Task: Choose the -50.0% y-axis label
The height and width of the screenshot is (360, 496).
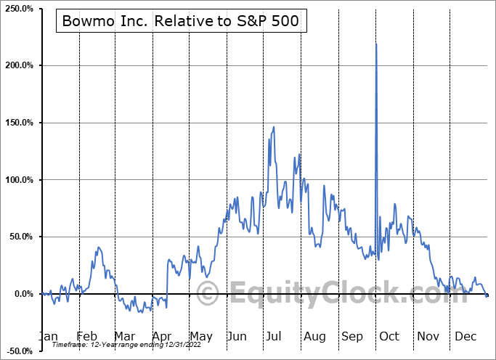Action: (20, 351)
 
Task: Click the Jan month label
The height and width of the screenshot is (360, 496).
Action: (47, 336)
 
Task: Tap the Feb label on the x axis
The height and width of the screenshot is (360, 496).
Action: (87, 336)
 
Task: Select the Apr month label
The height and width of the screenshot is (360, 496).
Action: (163, 336)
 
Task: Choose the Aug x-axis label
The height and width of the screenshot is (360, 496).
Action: (315, 336)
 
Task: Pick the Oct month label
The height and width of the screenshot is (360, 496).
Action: (390, 336)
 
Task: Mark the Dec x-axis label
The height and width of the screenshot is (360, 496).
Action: (466, 336)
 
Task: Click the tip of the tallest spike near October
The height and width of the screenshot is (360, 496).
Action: (376, 44)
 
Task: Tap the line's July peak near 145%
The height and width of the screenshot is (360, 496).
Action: (274, 127)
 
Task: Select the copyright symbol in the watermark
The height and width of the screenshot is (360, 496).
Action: (208, 294)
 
